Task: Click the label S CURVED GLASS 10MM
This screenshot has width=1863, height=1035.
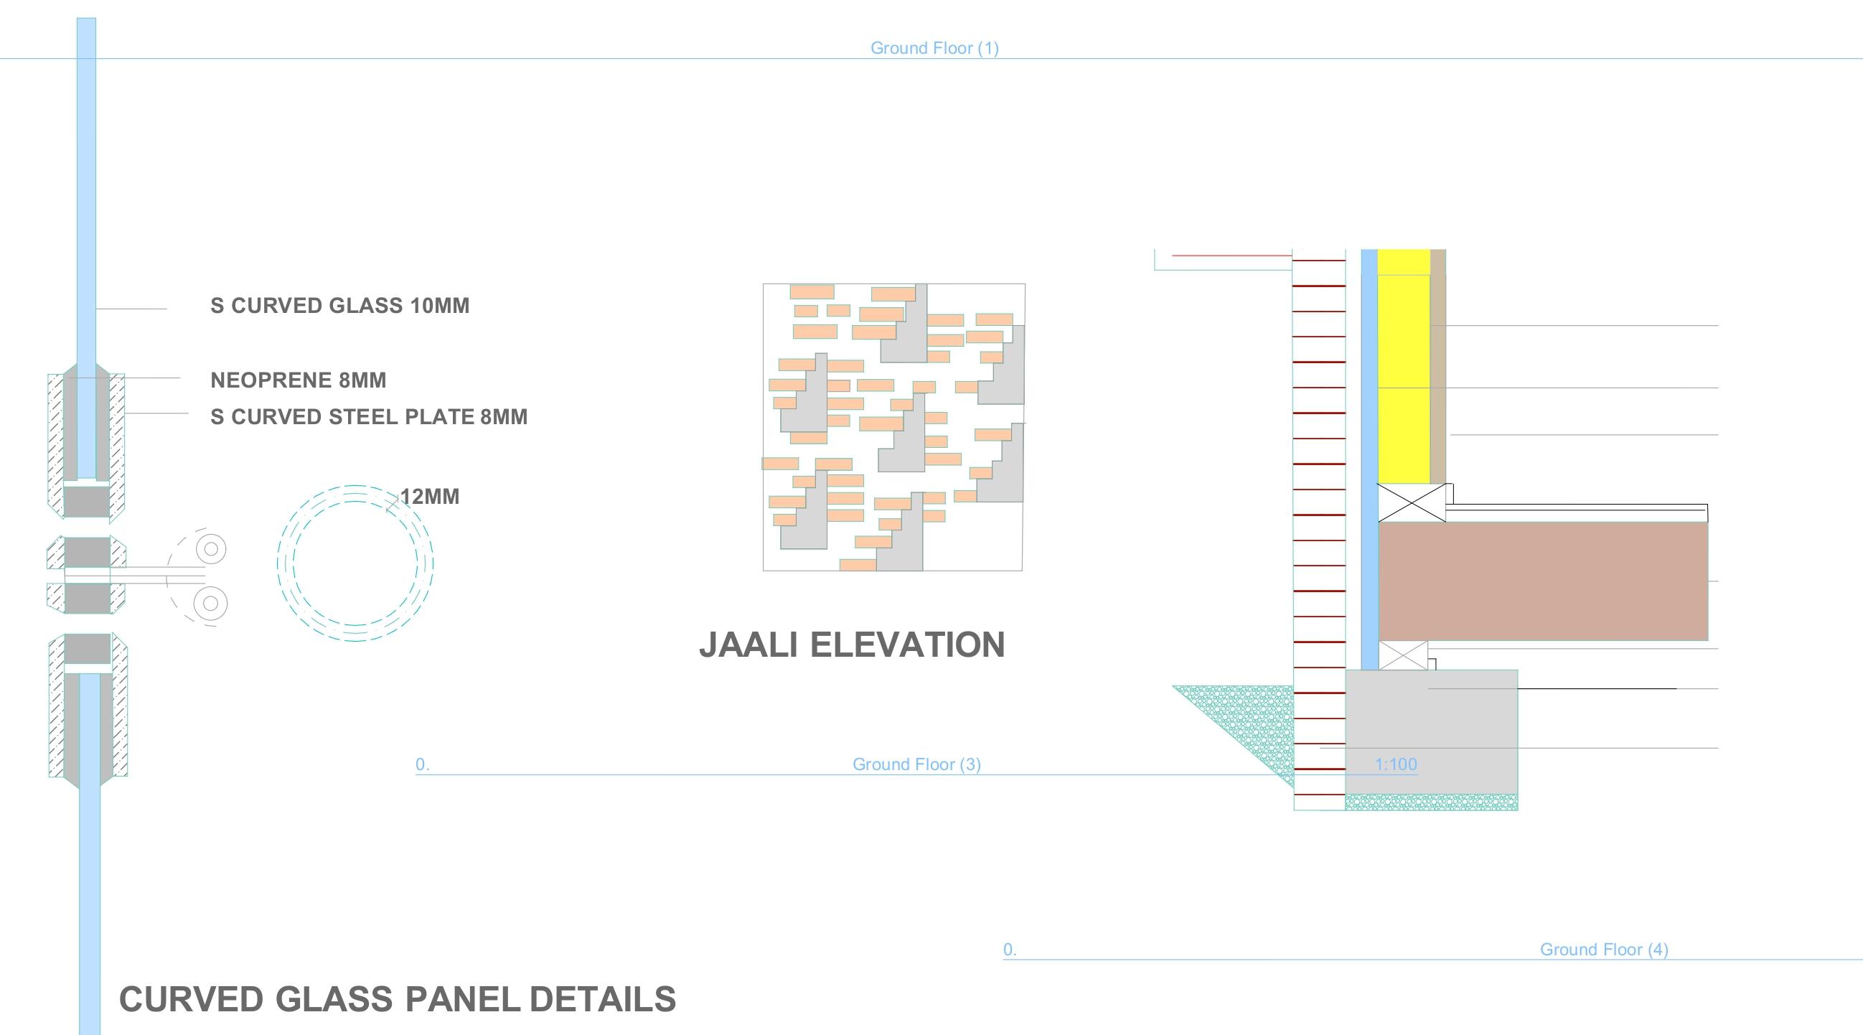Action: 339,306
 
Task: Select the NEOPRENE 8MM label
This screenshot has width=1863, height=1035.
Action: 298,380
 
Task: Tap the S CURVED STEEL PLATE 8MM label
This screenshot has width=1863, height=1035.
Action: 369,417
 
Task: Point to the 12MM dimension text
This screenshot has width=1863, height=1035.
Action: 430,497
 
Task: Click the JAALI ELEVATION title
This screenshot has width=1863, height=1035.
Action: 851,645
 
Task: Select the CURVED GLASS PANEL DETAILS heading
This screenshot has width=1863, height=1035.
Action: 397,1000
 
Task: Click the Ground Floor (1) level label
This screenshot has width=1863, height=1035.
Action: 934,49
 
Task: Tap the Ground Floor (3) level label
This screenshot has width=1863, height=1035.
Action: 916,764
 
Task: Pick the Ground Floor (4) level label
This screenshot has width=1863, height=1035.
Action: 1603,950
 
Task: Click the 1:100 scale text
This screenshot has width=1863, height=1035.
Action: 1395,764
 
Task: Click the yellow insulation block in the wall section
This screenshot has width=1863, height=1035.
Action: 1403,366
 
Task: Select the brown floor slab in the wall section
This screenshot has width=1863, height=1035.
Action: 1543,581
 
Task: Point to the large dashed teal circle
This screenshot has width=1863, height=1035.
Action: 355,563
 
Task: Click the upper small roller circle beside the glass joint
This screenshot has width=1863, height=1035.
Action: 211,549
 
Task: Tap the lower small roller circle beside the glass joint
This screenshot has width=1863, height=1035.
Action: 210,603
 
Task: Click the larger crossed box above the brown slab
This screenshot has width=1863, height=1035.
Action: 1411,502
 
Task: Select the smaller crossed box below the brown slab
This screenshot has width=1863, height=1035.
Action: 1403,655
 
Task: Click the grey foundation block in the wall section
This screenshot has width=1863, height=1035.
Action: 1430,731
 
